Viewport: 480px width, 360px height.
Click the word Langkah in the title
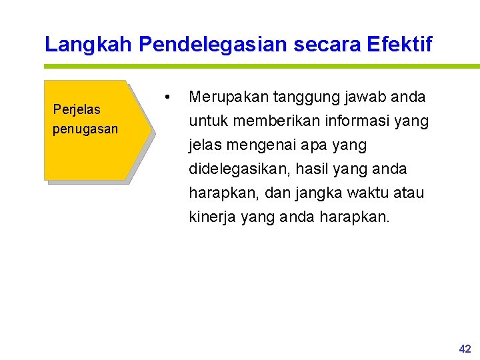[89, 45]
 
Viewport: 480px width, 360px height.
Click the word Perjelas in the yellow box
[76, 110]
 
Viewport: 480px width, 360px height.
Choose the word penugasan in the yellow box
[85, 129]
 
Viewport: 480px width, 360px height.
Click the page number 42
[465, 349]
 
